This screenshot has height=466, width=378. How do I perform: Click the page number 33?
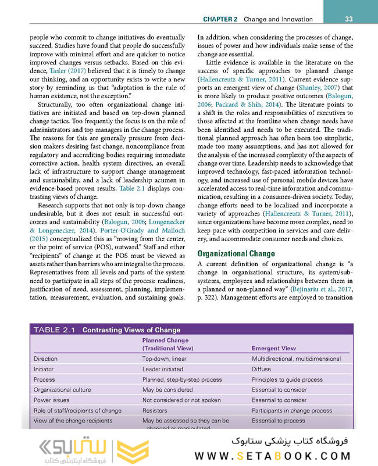348,19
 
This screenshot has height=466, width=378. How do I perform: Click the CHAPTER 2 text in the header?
220,19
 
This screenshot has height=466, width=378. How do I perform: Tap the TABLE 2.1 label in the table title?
55,330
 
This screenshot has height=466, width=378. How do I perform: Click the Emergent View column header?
273,349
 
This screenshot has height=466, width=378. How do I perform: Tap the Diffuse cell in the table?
261,369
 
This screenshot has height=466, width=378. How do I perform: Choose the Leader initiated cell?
162,369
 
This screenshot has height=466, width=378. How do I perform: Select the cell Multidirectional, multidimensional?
296,359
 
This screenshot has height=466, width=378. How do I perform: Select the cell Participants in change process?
291,410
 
